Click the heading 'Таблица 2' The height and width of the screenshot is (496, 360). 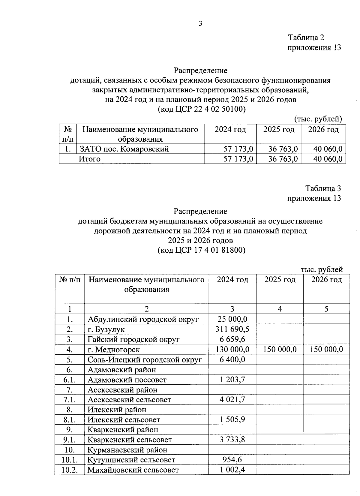pyautogui.click(x=306, y=38)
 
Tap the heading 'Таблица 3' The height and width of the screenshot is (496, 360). pyautogui.click(x=323, y=188)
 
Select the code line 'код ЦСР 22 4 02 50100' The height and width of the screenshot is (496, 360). pyautogui.click(x=202, y=109)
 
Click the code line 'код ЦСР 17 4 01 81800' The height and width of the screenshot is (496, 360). pyautogui.click(x=202, y=250)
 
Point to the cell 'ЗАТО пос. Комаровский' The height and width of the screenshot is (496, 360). pyautogui.click(x=124, y=149)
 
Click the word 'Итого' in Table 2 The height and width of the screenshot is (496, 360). pyautogui.click(x=89, y=159)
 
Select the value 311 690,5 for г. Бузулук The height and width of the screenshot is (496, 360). pyautogui.click(x=232, y=329)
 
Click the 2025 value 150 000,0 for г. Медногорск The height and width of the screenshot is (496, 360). pyautogui.click(x=280, y=349)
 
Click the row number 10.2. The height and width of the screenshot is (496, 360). pyautogui.click(x=70, y=470)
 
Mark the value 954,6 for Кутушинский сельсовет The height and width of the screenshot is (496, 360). pyautogui.click(x=232, y=460)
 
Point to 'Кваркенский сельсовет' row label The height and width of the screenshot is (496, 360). pyautogui.click(x=130, y=440)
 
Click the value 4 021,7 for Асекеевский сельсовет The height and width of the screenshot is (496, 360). pyautogui.click(x=232, y=400)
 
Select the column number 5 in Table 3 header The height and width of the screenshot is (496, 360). pyautogui.click(x=326, y=309)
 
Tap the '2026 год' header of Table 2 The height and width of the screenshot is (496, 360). pyautogui.click(x=323, y=130)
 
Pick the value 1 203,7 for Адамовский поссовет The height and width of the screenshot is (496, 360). pyautogui.click(x=232, y=380)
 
